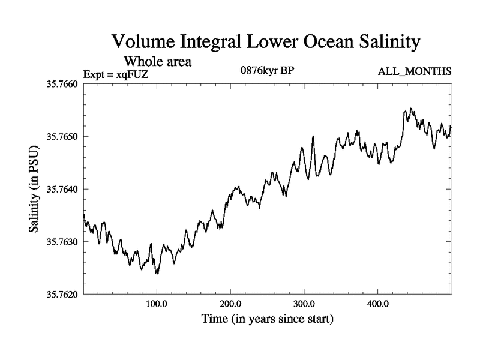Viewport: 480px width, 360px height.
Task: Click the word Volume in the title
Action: coord(143,42)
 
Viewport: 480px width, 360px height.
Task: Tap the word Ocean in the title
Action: coord(319,42)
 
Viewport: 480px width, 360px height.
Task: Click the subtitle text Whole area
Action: coord(158,61)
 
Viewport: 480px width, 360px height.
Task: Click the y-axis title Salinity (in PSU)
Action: coord(34,189)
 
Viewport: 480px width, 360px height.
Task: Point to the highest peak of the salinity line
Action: coord(411,109)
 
